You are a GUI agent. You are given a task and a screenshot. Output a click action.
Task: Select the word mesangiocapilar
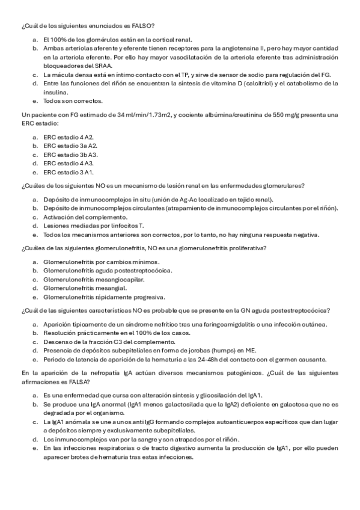pyautogui.click(x=120, y=279)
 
